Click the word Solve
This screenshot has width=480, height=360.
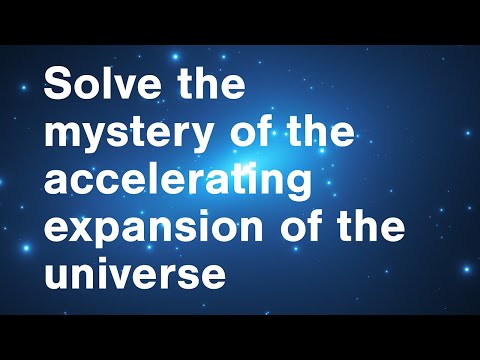pos(101,86)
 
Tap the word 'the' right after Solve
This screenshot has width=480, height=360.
pos(209,86)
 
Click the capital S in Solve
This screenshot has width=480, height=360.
pos(56,86)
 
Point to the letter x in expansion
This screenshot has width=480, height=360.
pos(79,229)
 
